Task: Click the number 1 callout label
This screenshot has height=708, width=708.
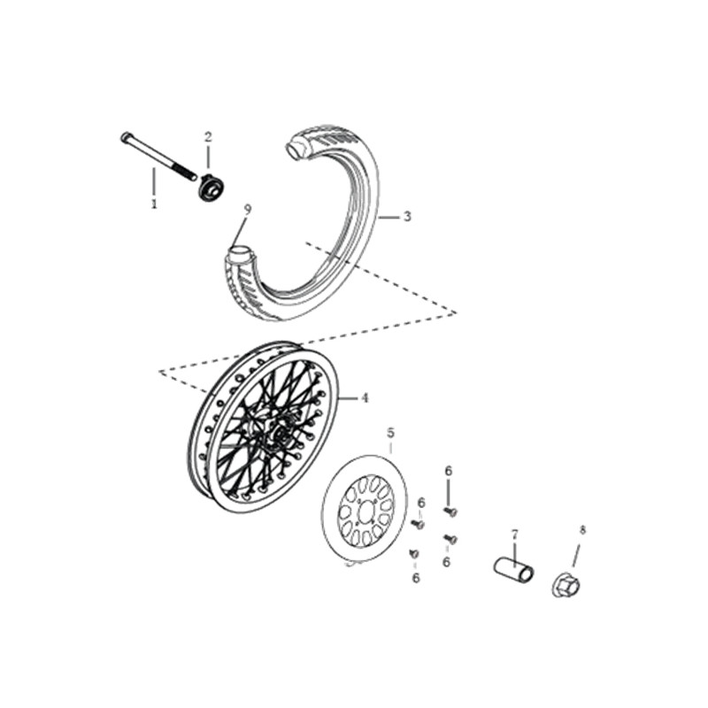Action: tap(154, 204)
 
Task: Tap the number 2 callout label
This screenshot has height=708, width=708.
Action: tap(208, 137)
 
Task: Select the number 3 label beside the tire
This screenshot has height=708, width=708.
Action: tap(407, 217)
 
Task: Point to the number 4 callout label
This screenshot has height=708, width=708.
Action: tap(365, 398)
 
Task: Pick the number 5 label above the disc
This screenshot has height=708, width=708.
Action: tap(390, 433)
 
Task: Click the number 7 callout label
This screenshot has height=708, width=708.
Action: tap(515, 535)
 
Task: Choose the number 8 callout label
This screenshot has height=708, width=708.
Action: tap(582, 530)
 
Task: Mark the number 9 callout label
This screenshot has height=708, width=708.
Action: tap(248, 210)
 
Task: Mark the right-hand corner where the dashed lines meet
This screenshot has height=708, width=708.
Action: tap(456, 312)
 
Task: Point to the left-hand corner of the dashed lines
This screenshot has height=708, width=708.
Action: tap(159, 372)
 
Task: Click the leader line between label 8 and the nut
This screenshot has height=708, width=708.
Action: tap(576, 554)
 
